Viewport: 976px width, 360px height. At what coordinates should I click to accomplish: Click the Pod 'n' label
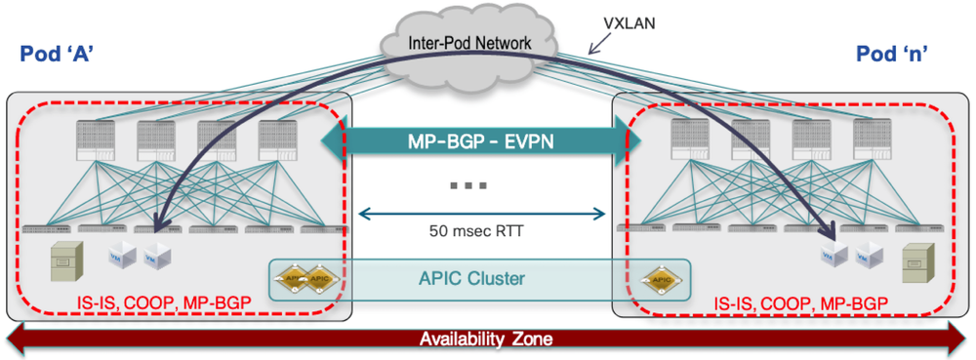(896, 55)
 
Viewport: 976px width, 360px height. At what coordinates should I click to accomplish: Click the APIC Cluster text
(477, 278)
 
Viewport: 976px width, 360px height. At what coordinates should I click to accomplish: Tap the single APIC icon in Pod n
(660, 278)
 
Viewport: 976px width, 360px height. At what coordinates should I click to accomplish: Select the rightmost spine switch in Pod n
(872, 140)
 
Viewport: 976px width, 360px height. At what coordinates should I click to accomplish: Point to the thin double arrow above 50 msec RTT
(482, 212)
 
